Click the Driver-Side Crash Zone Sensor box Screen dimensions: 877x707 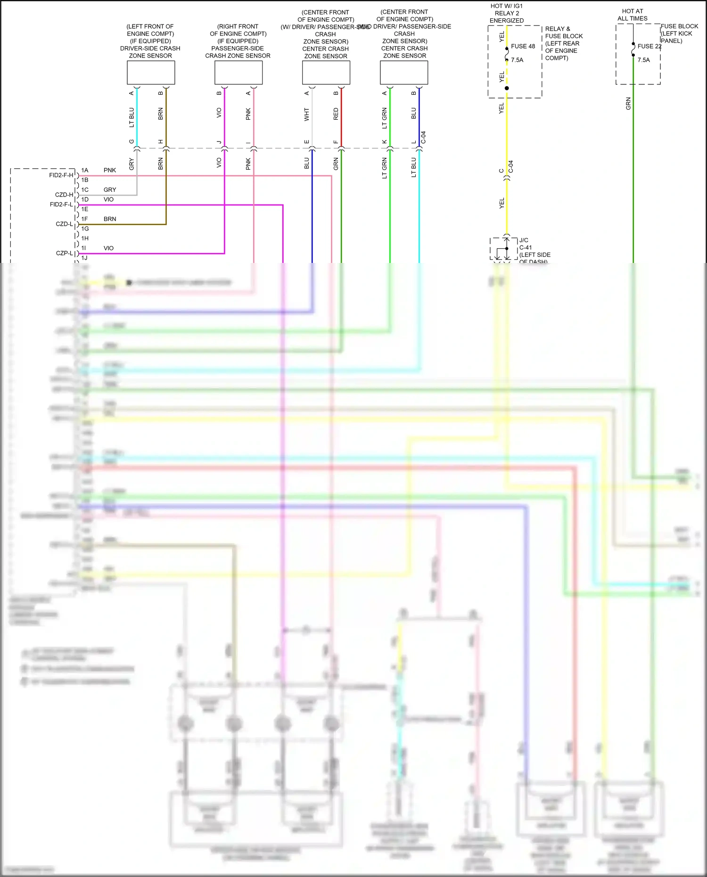click(x=151, y=73)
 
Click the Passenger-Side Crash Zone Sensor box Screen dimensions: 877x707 click(x=238, y=73)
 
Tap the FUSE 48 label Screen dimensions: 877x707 click(x=523, y=46)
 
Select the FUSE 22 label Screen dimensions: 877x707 click(x=649, y=46)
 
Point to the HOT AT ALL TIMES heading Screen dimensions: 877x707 click(x=633, y=15)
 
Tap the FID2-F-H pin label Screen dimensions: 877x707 click(x=61, y=175)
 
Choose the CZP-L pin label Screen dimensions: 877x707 click(x=65, y=253)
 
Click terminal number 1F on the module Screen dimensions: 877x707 click(x=85, y=219)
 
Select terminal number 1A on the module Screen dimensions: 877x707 click(x=85, y=170)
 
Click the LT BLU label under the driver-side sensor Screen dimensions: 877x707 click(x=132, y=117)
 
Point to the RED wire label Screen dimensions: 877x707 click(x=336, y=114)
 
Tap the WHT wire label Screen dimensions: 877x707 click(x=307, y=114)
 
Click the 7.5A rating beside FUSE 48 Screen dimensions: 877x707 click(x=517, y=60)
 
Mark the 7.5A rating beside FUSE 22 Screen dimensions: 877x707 click(x=643, y=60)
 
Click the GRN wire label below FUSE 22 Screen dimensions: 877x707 click(x=628, y=104)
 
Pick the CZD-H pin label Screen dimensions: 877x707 click(x=64, y=195)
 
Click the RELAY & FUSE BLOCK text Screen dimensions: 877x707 click(x=563, y=33)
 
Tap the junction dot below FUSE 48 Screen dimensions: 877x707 click(x=507, y=88)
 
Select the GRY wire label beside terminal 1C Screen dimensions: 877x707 click(x=110, y=190)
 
